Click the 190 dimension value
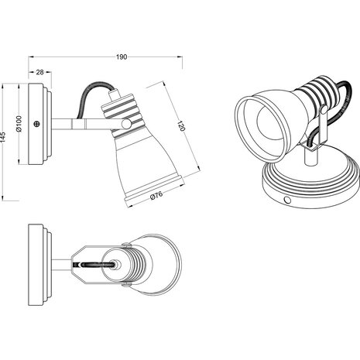click(x=122, y=57)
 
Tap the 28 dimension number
click(x=39, y=72)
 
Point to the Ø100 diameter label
click(x=19, y=124)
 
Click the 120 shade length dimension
click(x=181, y=125)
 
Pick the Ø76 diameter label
click(x=156, y=195)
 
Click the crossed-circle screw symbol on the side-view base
click(x=37, y=124)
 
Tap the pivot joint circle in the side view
click(x=126, y=124)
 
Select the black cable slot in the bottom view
click(x=98, y=265)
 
